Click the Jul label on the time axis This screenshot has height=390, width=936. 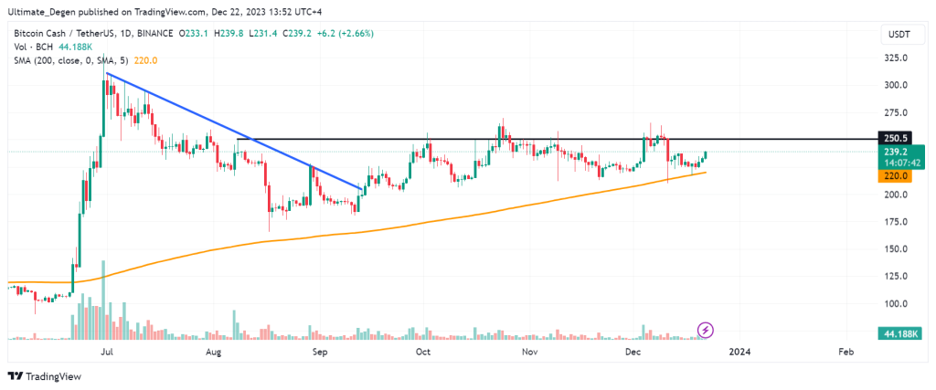tap(107, 351)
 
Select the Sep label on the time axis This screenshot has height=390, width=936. tap(320, 351)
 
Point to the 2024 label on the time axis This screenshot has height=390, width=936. tap(740, 351)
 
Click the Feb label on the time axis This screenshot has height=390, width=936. tap(846, 351)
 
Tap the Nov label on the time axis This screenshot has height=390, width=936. tap(528, 351)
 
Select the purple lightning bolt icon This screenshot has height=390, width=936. tap(706, 329)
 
